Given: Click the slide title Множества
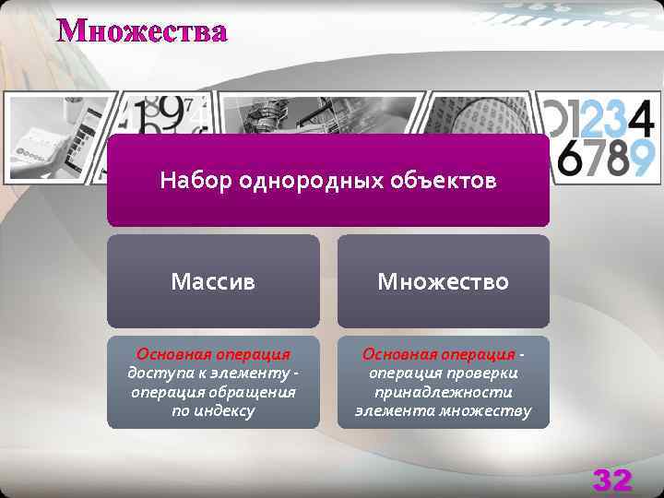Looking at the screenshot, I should tap(142, 31).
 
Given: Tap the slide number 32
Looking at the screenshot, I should tap(611, 479).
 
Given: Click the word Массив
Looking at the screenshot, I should tap(213, 281).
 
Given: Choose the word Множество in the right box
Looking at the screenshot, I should tap(443, 281).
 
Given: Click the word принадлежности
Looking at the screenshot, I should tap(443, 392).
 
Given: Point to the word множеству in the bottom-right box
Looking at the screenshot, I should tap(487, 410).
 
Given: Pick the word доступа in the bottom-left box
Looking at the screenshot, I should tap(157, 373).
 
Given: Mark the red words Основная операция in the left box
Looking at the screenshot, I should tap(213, 354).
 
